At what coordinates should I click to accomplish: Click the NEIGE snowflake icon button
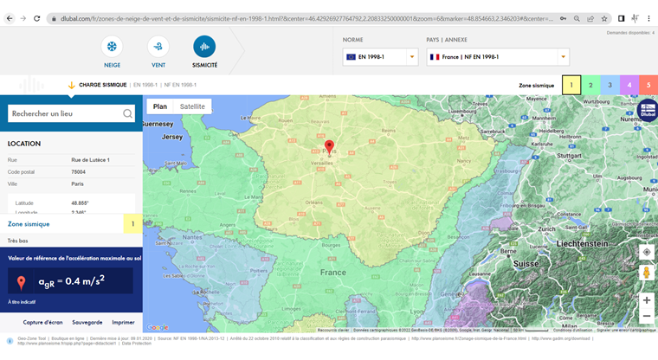pyautogui.click(x=112, y=47)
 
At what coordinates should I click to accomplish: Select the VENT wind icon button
pyautogui.click(x=158, y=47)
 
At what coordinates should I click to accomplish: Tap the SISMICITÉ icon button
pyautogui.click(x=204, y=47)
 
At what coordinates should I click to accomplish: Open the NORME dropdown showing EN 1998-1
pyautogui.click(x=380, y=57)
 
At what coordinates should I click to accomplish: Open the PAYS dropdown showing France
pyautogui.click(x=498, y=57)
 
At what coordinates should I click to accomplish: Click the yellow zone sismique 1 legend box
pyautogui.click(x=571, y=85)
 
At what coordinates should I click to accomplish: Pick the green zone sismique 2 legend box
pyautogui.click(x=590, y=85)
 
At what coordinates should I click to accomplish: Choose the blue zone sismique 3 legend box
pyautogui.click(x=610, y=85)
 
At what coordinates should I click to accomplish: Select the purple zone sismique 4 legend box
pyautogui.click(x=629, y=85)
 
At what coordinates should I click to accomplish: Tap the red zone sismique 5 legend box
pyautogui.click(x=648, y=85)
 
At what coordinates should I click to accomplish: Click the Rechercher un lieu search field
pyautogui.click(x=65, y=113)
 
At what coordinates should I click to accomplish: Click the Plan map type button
pyautogui.click(x=160, y=106)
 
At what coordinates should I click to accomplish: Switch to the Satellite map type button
pyautogui.click(x=192, y=106)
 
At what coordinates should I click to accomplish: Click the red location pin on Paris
pyautogui.click(x=329, y=146)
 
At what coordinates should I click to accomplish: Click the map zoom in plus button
pyautogui.click(x=647, y=300)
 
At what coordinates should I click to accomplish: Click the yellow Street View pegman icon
pyautogui.click(x=647, y=273)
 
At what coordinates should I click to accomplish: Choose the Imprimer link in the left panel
pyautogui.click(x=123, y=322)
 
